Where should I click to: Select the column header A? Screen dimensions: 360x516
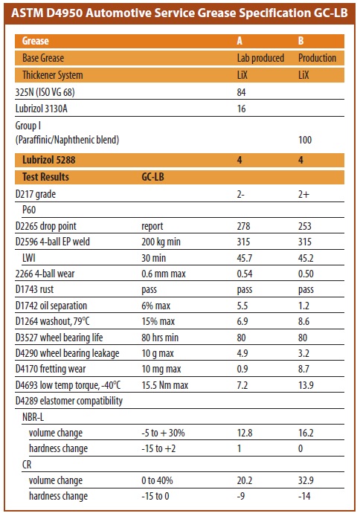[x=240, y=41]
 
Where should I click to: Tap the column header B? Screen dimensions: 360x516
[x=300, y=41]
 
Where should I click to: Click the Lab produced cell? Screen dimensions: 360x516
[x=260, y=58]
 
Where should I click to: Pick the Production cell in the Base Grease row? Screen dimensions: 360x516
[x=317, y=58]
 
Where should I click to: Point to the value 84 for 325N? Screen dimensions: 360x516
[x=241, y=92]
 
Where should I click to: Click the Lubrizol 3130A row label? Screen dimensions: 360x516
[x=42, y=109]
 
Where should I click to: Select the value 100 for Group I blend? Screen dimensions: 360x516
[x=305, y=140]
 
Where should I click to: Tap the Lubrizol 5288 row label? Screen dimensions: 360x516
[x=48, y=160]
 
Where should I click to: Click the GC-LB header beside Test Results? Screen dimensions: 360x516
[x=152, y=177]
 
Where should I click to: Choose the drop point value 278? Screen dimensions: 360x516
[x=243, y=226]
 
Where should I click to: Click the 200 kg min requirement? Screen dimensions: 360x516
[x=161, y=242]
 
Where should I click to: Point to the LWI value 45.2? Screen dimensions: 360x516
[x=306, y=258]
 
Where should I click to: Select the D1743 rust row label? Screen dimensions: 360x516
[x=34, y=289]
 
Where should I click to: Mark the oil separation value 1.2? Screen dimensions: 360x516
[x=303, y=306]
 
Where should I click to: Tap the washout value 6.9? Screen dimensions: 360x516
[x=242, y=321]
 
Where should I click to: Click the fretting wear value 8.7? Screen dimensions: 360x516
[x=303, y=369]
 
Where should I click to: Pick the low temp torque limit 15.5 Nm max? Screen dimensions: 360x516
[x=165, y=385]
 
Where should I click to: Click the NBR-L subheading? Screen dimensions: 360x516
[x=33, y=417]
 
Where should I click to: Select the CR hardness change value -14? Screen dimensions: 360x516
[x=304, y=496]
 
